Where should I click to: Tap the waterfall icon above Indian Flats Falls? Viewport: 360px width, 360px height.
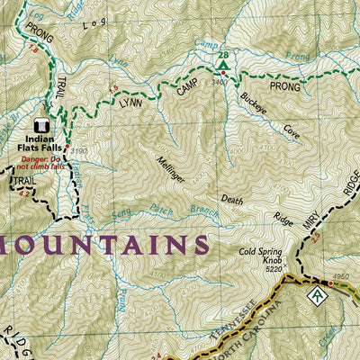(40, 127)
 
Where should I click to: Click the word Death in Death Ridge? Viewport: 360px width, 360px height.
(232, 201)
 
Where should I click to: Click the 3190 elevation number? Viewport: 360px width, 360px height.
(78, 150)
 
